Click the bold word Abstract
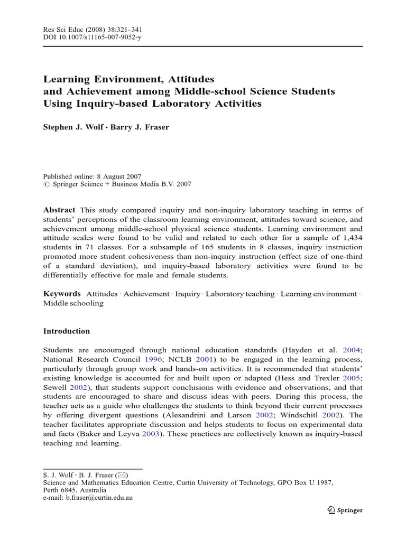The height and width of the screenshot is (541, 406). coord(59,210)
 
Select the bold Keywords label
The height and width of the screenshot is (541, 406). coord(62,293)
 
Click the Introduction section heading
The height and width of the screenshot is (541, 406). coord(67,331)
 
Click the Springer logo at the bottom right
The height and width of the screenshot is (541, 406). coord(344,510)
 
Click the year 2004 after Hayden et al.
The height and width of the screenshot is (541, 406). coord(352,350)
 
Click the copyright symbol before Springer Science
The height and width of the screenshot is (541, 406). coord(45,185)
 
